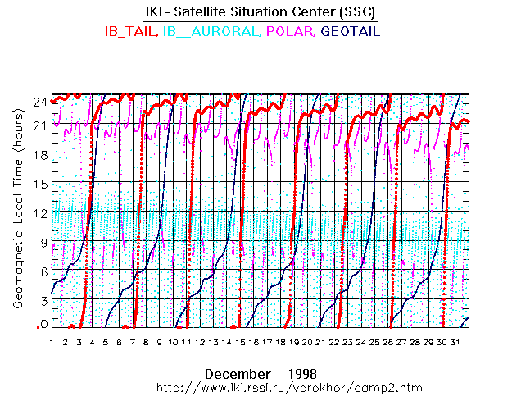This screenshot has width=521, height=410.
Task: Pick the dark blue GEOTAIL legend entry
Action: [x=350, y=31]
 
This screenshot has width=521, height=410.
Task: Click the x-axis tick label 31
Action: [x=460, y=342]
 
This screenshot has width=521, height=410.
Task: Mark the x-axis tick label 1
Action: [x=52, y=342]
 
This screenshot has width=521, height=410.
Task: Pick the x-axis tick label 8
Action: [x=146, y=342]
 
